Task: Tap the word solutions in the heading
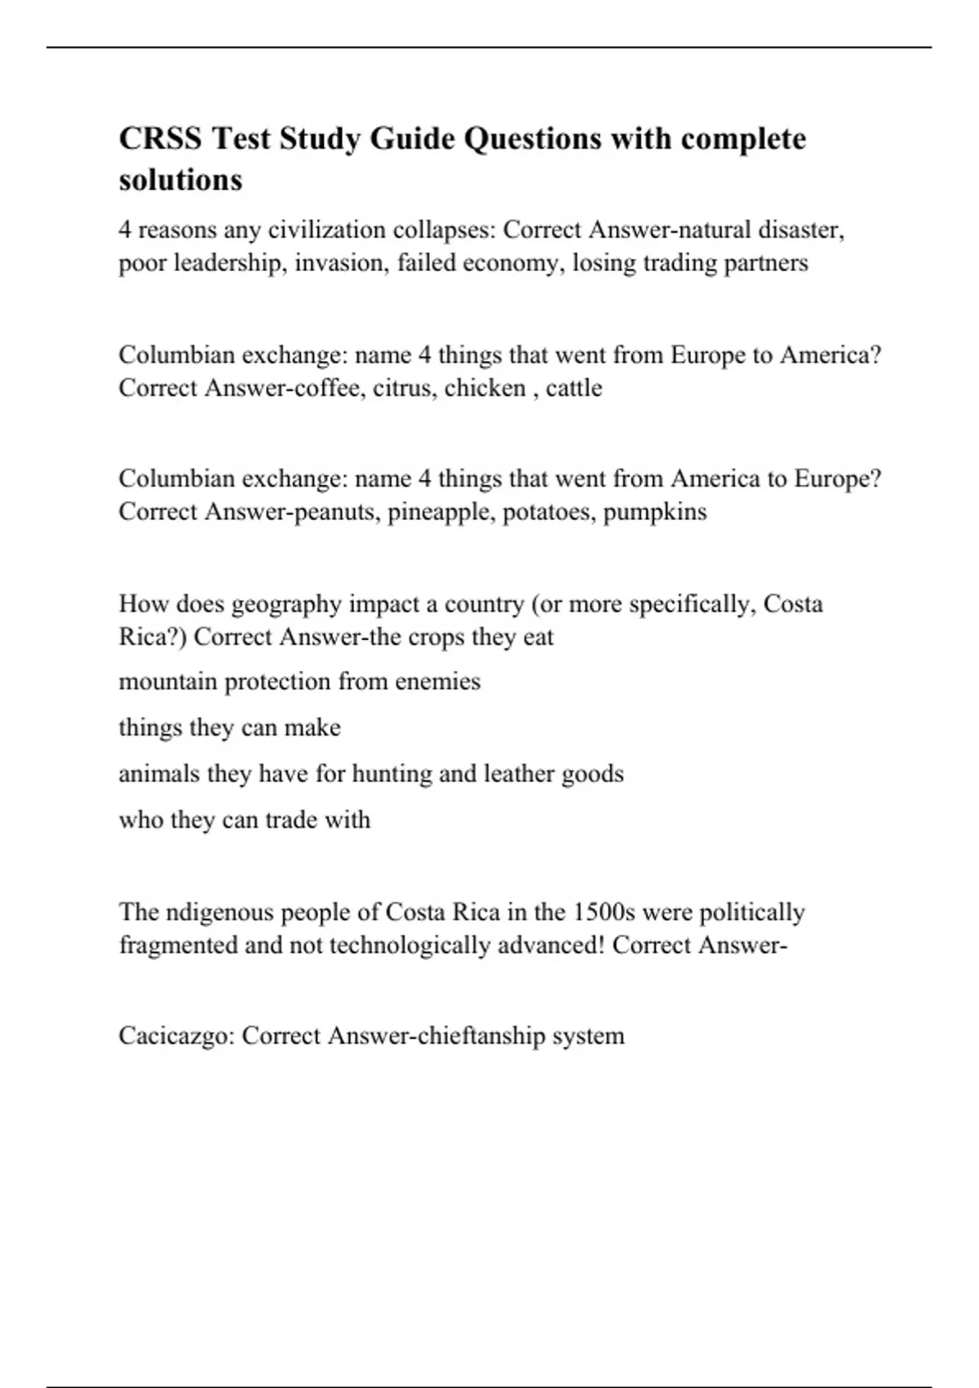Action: click(x=180, y=180)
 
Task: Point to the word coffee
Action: click(x=328, y=388)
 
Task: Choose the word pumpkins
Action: click(x=654, y=512)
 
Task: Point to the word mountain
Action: click(x=167, y=682)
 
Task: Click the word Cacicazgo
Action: click(x=177, y=1036)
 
